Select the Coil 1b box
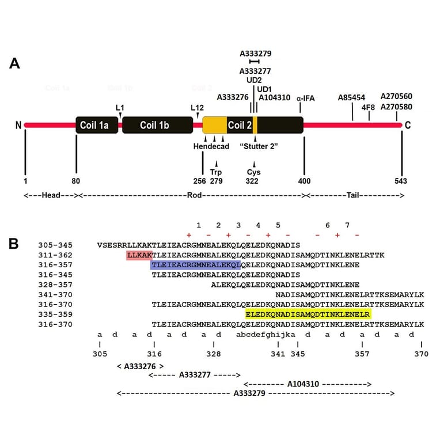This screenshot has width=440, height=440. [157, 125]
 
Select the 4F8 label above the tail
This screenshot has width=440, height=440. [369, 107]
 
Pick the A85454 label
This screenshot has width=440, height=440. [351, 98]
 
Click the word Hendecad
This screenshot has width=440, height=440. [211, 146]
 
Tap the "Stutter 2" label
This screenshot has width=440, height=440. [259, 146]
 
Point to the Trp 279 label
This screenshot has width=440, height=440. [216, 176]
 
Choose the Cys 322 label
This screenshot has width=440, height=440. [254, 176]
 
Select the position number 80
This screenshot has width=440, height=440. [75, 181]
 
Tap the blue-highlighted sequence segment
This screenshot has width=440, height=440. [195, 265]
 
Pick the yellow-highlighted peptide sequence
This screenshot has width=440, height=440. [308, 314]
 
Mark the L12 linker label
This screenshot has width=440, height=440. [198, 107]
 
